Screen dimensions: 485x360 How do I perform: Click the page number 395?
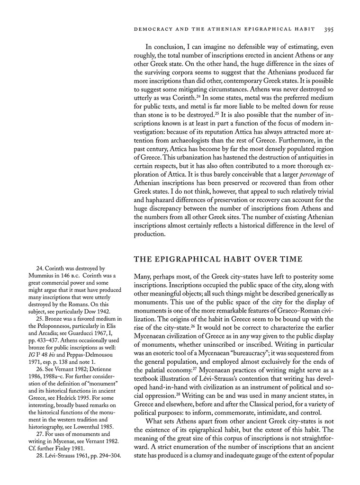tap(329, 29)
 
